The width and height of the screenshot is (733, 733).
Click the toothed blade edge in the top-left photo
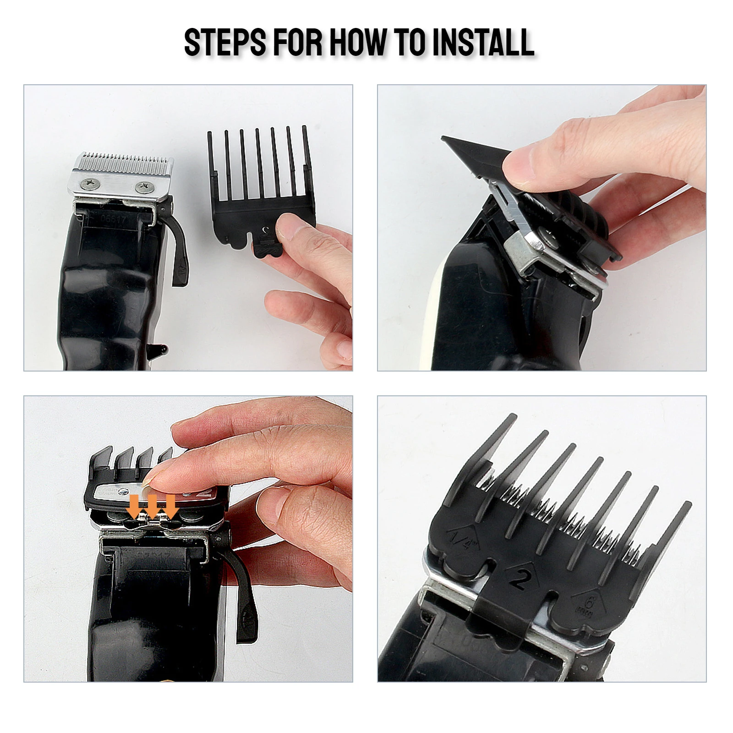click(x=124, y=159)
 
